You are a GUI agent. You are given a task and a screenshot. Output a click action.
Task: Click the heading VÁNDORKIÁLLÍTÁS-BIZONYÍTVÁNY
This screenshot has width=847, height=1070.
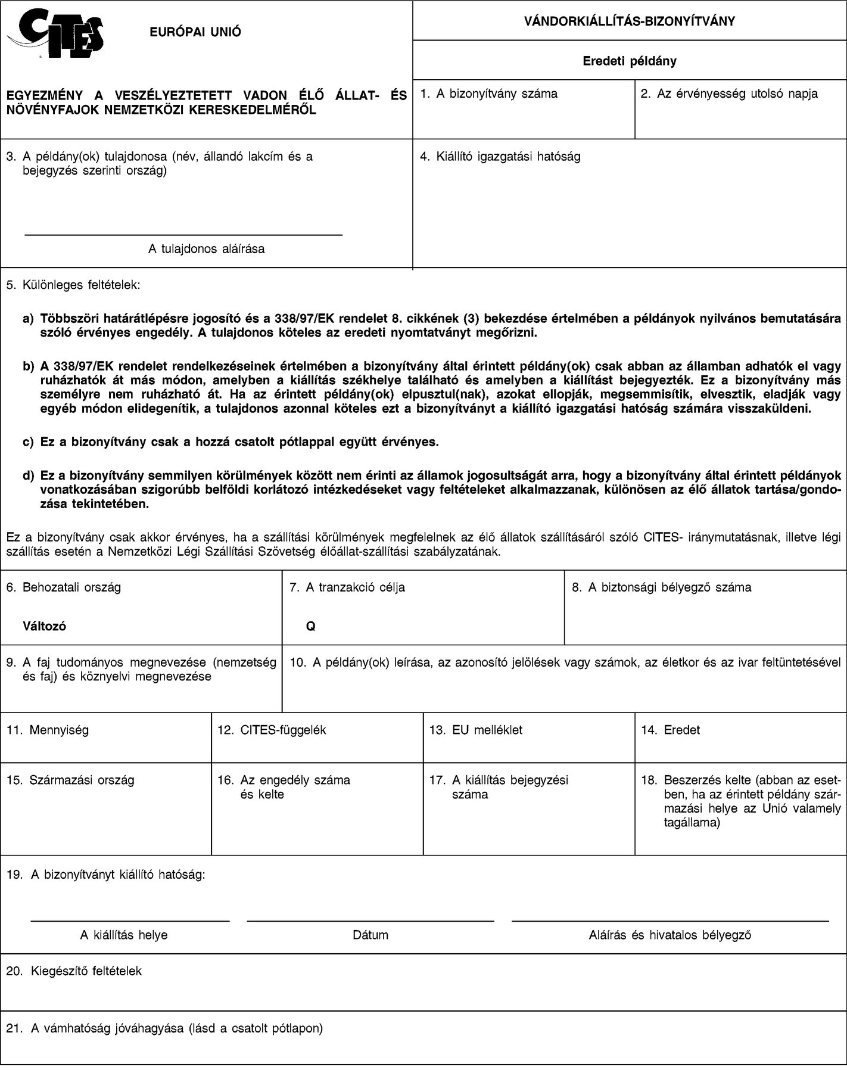629,21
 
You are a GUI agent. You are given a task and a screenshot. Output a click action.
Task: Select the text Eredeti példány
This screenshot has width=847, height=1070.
629,61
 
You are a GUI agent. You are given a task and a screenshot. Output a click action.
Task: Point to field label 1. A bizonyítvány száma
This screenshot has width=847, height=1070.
488,94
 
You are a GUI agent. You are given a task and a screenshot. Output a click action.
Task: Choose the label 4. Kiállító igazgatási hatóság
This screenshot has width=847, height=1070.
500,157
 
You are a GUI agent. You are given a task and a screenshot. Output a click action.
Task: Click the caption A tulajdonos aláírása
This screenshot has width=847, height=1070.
206,249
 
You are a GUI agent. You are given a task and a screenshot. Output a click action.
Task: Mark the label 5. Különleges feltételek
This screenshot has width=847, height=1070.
73,285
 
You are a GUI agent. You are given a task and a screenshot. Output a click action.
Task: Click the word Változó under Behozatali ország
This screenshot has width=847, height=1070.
44,627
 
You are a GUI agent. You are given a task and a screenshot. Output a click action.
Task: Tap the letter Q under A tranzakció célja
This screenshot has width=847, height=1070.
310,627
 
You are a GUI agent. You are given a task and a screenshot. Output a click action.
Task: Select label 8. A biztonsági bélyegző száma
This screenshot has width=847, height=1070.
661,587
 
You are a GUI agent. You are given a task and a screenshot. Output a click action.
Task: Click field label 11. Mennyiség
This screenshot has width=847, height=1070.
47,730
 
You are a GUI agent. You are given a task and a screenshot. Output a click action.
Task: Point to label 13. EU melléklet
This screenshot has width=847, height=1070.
475,730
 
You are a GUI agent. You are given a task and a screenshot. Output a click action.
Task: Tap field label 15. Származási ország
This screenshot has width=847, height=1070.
70,780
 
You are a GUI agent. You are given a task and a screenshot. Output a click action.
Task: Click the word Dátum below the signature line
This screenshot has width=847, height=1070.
370,935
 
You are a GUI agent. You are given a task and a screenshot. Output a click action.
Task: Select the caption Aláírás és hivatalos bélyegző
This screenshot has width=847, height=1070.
670,935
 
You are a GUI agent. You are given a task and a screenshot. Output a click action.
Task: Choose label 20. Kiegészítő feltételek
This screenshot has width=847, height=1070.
74,971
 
